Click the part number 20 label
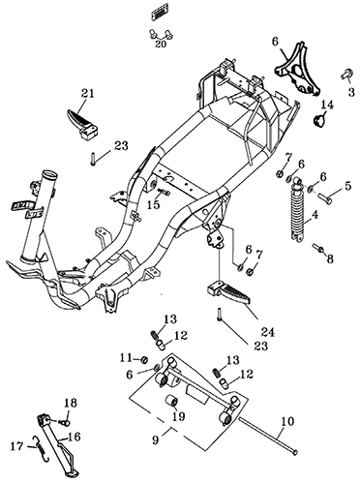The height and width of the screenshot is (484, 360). pos(161,44)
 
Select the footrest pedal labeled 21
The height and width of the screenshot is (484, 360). pos(82,124)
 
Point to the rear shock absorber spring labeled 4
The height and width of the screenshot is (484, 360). pos(299,211)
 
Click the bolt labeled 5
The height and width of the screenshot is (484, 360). pos(325,196)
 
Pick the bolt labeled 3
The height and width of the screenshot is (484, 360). pos(346,75)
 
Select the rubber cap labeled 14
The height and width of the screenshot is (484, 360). pos(320,121)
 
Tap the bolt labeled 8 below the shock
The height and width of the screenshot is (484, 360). pos(318,248)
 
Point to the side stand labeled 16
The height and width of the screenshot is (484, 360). pos(59,444)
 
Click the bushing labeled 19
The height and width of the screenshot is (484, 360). pos(171,403)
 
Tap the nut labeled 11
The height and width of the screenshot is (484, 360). pos(145,359)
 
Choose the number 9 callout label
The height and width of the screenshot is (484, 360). pos(156,439)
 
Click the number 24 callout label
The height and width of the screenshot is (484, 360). pos(268,331)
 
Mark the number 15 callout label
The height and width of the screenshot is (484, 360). pos(155,204)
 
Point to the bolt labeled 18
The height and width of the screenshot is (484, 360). pos(65,421)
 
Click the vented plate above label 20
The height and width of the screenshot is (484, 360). pos(161,15)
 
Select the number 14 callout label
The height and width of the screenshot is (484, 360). pos(327,106)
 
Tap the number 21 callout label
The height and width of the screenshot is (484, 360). pos(88,94)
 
